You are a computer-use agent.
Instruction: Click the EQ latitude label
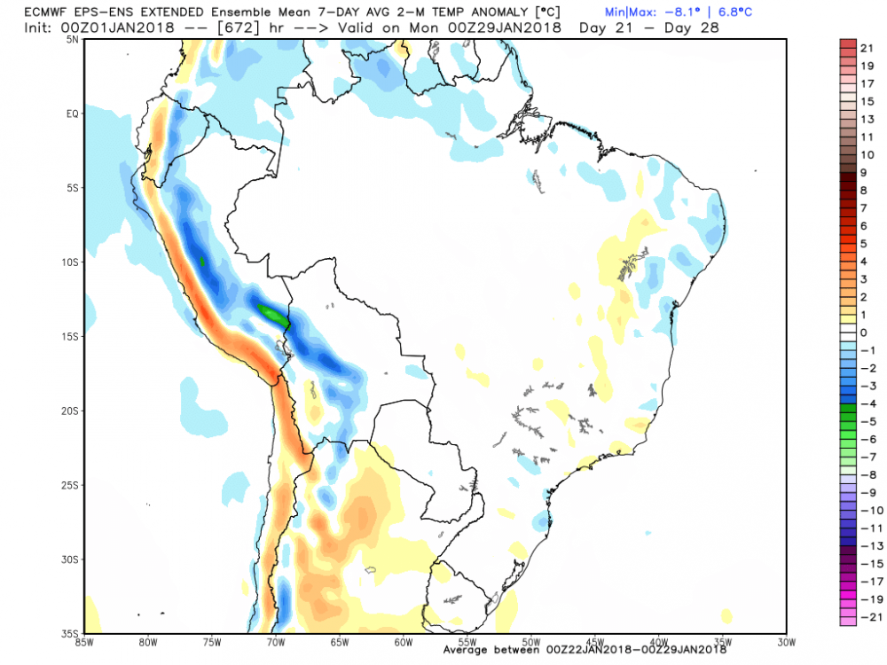pyautogui.click(x=72, y=113)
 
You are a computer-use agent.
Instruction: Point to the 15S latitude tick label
pyautogui.click(x=72, y=336)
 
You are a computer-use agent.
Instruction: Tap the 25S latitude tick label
pyautogui.click(x=72, y=485)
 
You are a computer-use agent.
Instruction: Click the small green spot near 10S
pyautogui.click(x=203, y=261)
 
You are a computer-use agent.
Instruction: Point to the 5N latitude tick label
pyautogui.click(x=72, y=39)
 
